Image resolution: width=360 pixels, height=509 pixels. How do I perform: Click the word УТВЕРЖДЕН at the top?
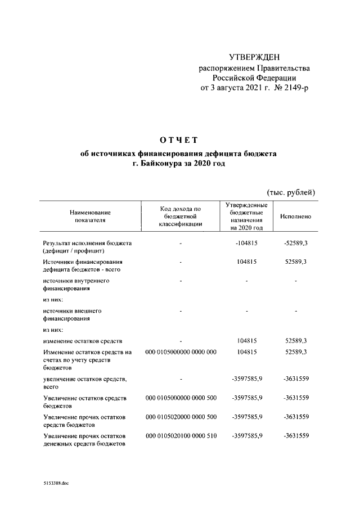pos(254,57)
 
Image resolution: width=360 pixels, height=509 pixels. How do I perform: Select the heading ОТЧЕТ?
pos(179,139)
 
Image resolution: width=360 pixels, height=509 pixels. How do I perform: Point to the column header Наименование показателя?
pos(90,217)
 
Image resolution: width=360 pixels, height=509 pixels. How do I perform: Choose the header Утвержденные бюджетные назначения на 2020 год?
pos(246,217)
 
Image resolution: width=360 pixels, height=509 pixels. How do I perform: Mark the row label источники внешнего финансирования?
pos(72,314)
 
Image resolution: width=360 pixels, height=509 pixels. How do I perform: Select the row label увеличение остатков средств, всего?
pos(81,384)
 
